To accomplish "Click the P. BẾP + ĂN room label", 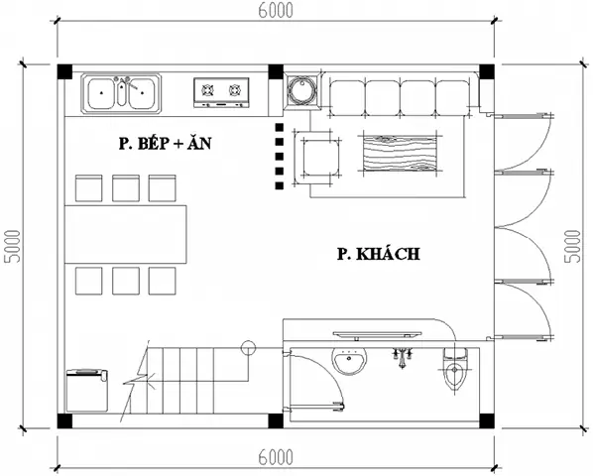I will tap(165, 145).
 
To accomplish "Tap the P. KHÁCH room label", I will tap(378, 255).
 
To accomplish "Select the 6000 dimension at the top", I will tap(277, 13).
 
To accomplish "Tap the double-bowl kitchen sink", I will tap(121, 93).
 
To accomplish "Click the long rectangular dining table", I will tap(126, 229).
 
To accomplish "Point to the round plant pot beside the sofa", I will tap(301, 92).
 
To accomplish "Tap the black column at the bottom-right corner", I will tap(487, 420).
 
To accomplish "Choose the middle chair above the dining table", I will tap(125, 187).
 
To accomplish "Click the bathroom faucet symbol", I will tap(403, 356).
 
